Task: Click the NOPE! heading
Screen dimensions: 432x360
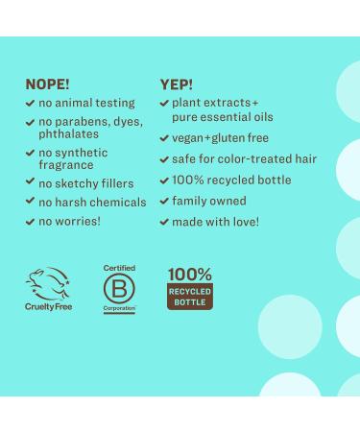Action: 48,84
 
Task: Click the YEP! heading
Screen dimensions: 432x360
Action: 176,84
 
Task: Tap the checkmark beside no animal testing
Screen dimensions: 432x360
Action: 31,103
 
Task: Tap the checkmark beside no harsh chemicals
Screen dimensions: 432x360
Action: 31,203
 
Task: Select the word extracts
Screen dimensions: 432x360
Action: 228,103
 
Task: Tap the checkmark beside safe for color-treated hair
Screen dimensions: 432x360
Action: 164,158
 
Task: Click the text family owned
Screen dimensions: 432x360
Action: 208,201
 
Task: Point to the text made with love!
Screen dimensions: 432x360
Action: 215,222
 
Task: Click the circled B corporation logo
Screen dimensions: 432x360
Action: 119,288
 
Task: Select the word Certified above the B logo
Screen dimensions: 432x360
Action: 119,268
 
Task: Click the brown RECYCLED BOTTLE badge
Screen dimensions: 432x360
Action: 190,296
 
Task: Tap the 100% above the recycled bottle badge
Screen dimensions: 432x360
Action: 189,274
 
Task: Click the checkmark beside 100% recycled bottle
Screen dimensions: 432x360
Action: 164,180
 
